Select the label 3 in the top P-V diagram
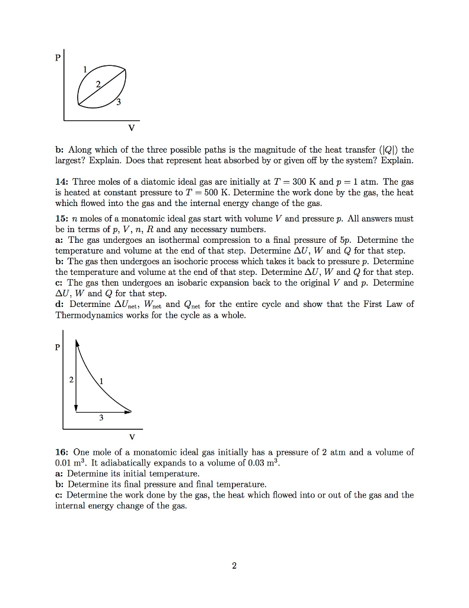(x=118, y=103)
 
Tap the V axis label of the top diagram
(x=131, y=128)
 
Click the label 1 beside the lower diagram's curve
(x=101, y=382)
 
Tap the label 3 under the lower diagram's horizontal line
(x=101, y=418)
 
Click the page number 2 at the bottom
(x=234, y=566)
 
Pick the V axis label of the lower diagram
(x=131, y=437)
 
